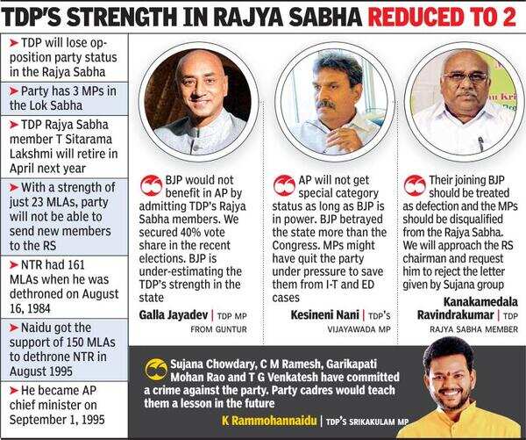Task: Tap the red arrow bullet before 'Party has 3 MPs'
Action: [x=13, y=91]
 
